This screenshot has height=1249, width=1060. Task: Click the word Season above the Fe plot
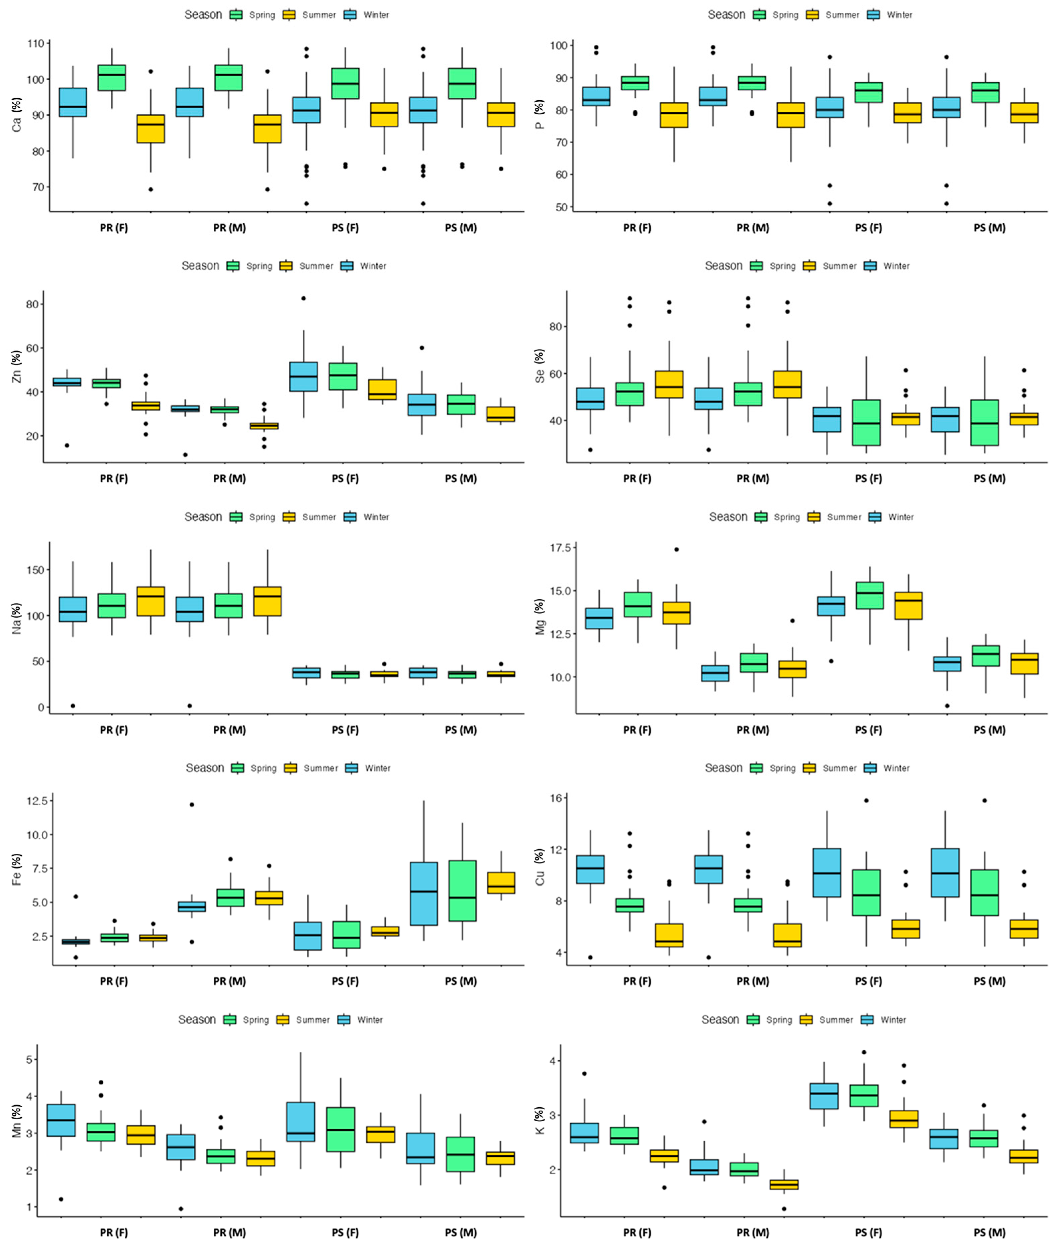tap(205, 768)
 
